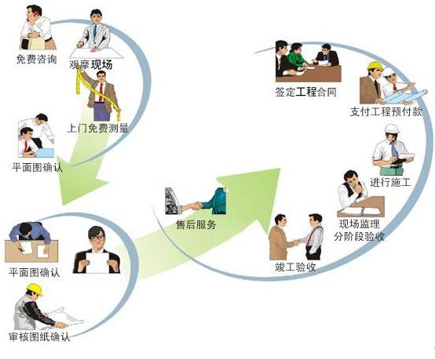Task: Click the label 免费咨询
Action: pyautogui.click(x=37, y=59)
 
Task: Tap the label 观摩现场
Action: pyautogui.click(x=91, y=64)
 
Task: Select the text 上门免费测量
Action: pyautogui.click(x=97, y=128)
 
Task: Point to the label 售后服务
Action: pyautogui.click(x=196, y=224)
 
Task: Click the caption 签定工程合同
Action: pyautogui.click(x=305, y=92)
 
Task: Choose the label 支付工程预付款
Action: pyautogui.click(x=386, y=111)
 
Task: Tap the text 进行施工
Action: pyautogui.click(x=390, y=182)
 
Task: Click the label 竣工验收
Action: pyautogui.click(x=295, y=267)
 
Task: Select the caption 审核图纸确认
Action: pyautogui.click(x=39, y=336)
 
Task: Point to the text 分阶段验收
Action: pyautogui.click(x=360, y=236)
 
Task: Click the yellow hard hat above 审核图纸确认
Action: pyautogui.click(x=35, y=289)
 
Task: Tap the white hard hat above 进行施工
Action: pyautogui.click(x=392, y=129)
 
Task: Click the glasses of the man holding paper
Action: pyautogui.click(x=97, y=238)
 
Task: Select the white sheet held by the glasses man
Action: pyautogui.click(x=97, y=262)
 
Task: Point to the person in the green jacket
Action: pyautogui.click(x=296, y=56)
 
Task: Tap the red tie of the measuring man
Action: pyautogui.click(x=101, y=92)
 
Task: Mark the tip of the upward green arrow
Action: pyautogui.click(x=280, y=169)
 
